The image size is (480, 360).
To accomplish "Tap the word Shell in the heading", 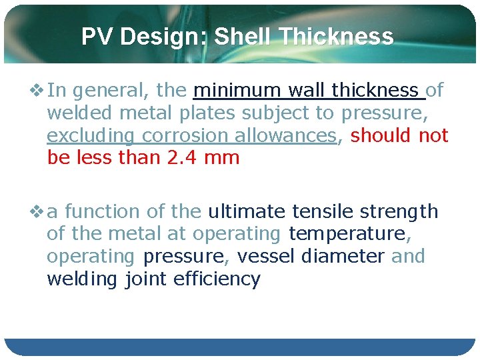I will click(243, 37).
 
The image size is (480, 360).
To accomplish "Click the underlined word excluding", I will click(90, 136).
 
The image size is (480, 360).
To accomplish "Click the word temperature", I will click(347, 235).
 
